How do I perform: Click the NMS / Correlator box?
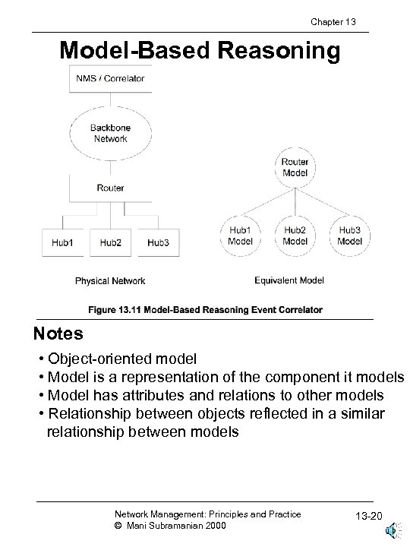[110, 78]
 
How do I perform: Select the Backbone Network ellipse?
[110, 134]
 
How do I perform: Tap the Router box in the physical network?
[110, 188]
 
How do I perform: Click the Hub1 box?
[63, 242]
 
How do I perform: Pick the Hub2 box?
[111, 242]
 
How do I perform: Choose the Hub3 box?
[158, 242]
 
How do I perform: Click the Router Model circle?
[295, 167]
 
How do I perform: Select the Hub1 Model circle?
[240, 235]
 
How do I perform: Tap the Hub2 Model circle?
[295, 235]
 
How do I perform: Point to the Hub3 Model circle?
[349, 235]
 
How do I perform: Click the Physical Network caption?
[110, 281]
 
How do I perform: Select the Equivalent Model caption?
[289, 280]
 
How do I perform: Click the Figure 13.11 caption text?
[205, 310]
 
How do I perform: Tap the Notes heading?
[58, 334]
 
